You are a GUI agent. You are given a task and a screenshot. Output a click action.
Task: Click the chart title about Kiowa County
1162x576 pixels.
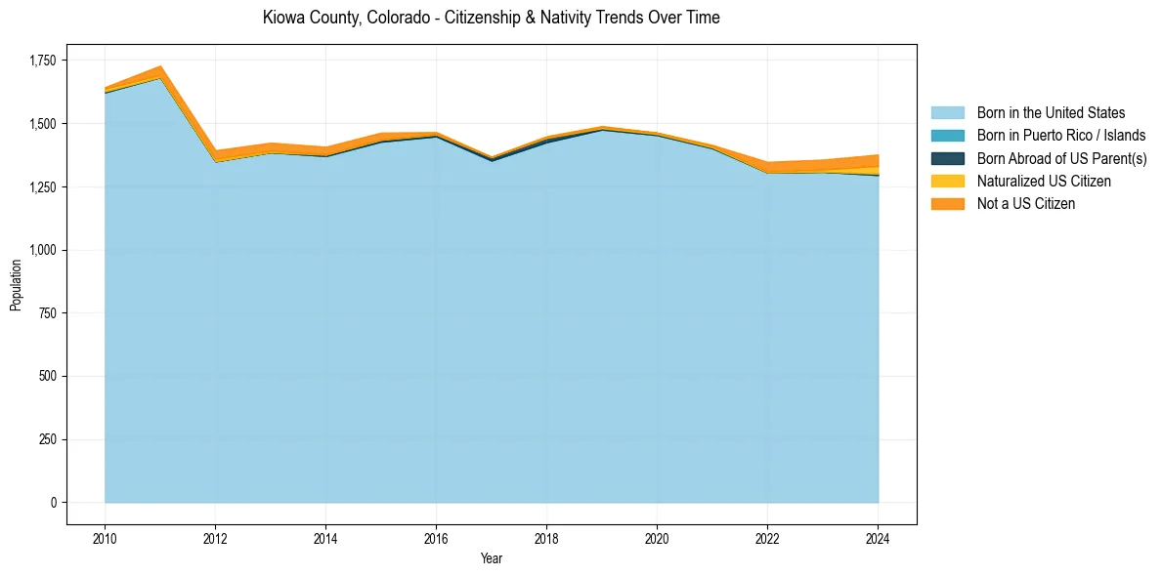[491, 19]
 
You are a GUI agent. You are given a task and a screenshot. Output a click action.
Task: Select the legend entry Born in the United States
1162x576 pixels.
[1051, 113]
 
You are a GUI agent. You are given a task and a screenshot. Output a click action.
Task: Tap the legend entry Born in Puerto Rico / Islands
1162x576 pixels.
[1060, 136]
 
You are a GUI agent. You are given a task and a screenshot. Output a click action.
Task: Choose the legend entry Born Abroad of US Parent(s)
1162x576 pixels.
[1061, 158]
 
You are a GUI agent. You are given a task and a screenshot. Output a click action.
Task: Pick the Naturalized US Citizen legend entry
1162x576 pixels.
[1044, 182]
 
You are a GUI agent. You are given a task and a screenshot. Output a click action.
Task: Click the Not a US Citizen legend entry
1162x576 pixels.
[1025, 204]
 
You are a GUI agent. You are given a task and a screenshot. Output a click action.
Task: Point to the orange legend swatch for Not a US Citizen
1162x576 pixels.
[947, 204]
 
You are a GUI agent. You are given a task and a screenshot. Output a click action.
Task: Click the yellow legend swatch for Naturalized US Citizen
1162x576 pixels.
[947, 182]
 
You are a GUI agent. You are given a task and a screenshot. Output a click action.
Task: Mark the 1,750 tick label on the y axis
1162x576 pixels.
[43, 61]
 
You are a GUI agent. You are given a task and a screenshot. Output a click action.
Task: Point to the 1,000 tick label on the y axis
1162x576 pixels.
[43, 250]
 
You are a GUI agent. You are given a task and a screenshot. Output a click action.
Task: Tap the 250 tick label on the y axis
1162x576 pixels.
[48, 439]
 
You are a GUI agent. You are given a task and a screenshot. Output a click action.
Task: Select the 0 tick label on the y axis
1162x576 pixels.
[55, 503]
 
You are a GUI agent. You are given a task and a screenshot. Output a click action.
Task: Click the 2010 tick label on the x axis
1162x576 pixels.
[105, 537]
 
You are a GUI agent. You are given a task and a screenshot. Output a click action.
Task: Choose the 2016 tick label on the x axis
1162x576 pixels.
[436, 537]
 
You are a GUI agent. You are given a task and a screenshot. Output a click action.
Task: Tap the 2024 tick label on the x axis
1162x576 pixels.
[878, 537]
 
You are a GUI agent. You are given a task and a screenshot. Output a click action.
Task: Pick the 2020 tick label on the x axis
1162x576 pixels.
[657, 537]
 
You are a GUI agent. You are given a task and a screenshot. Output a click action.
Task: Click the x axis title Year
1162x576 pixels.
[492, 558]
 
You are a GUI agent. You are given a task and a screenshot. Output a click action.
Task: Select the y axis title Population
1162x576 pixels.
[16, 285]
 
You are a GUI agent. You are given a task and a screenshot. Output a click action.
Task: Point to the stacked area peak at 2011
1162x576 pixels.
[159, 67]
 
